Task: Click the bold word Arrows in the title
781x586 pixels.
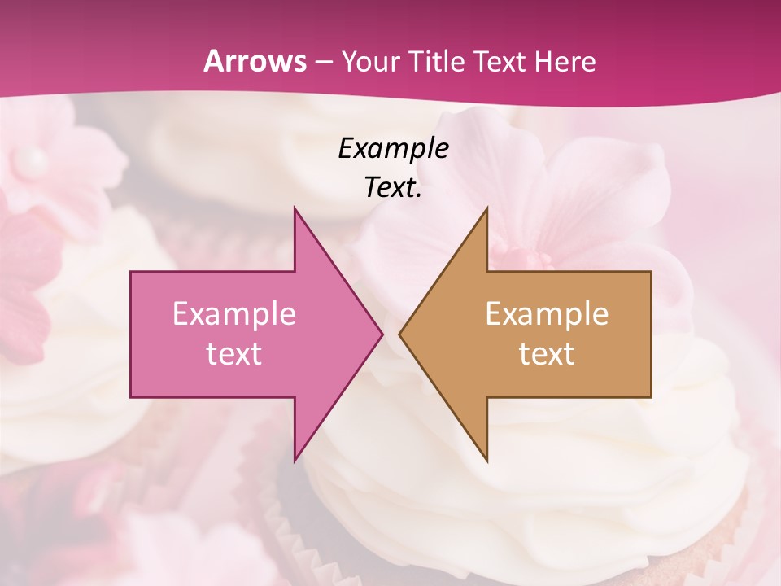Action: [x=255, y=61]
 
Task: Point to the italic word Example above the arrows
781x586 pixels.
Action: [x=393, y=149]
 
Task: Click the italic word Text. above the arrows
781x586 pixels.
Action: [x=393, y=188]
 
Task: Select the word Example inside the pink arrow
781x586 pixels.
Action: [x=234, y=314]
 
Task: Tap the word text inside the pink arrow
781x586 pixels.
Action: [x=234, y=354]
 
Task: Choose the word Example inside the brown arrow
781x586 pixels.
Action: [x=547, y=314]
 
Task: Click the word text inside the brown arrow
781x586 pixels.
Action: [x=547, y=354]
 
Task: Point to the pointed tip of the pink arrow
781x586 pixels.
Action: [x=382, y=334]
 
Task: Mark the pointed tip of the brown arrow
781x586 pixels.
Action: [x=399, y=334]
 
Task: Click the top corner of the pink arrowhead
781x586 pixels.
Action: [x=295, y=208]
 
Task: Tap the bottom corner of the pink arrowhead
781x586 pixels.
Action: [x=295, y=461]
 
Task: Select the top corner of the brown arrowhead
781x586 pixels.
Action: [x=487, y=208]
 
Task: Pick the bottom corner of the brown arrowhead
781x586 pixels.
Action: [x=487, y=461]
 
